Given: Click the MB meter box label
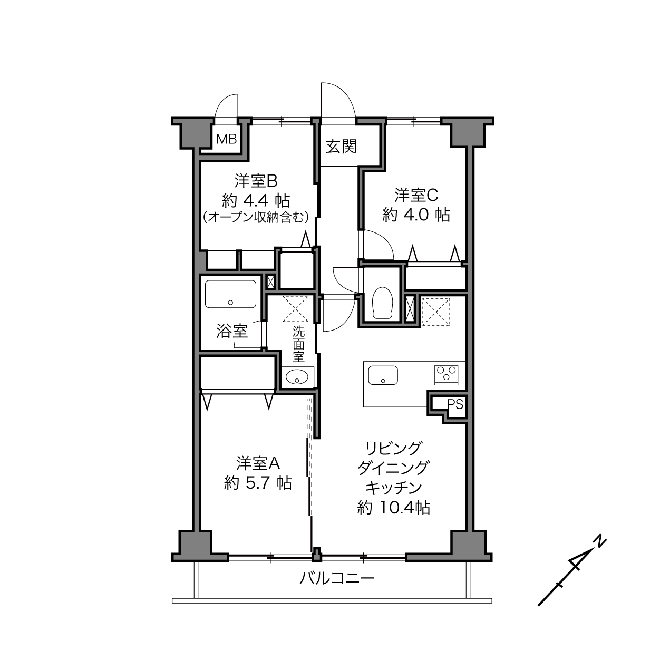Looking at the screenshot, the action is pyautogui.click(x=226, y=139).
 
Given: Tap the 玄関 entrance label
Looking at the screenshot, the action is pyautogui.click(x=341, y=146).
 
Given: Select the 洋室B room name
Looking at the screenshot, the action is pyautogui.click(x=256, y=181).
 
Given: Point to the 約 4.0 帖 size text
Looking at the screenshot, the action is pyautogui.click(x=416, y=215).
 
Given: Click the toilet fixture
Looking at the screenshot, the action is pyautogui.click(x=382, y=303).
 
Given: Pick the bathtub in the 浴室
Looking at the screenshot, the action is pyautogui.click(x=230, y=294).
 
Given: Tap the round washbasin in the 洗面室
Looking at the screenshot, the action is pyautogui.click(x=297, y=377).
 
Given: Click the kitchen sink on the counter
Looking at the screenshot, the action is pyautogui.click(x=383, y=375).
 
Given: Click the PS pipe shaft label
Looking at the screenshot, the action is pyautogui.click(x=455, y=404).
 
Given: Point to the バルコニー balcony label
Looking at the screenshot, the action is pyautogui.click(x=337, y=578).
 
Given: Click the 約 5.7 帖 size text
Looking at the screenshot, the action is pyautogui.click(x=258, y=483).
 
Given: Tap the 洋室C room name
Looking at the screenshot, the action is pyautogui.click(x=416, y=195).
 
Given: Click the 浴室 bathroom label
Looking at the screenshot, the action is pyautogui.click(x=232, y=331).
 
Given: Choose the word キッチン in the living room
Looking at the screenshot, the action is pyautogui.click(x=394, y=488).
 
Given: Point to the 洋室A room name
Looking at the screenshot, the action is pyautogui.click(x=258, y=463).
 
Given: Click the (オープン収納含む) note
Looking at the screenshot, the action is pyautogui.click(x=256, y=217).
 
